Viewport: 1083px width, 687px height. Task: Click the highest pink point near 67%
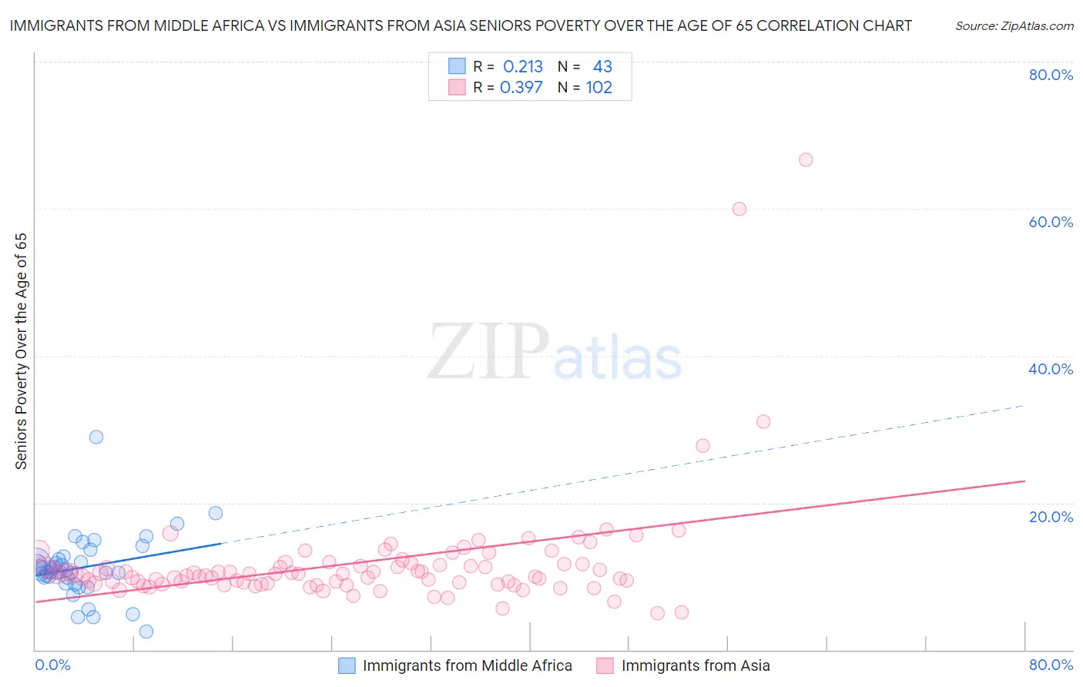806,160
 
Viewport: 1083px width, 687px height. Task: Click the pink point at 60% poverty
739,209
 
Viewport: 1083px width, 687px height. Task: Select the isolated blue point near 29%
96,437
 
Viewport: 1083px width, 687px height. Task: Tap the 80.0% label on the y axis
1051,75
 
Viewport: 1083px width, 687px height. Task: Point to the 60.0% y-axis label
1051,222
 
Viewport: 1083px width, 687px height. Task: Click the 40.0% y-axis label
1051,369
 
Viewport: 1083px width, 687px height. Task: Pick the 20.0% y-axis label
1051,517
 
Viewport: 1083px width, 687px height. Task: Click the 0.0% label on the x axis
53,665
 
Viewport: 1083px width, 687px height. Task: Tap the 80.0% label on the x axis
1051,665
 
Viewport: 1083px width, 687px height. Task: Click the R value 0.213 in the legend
523,67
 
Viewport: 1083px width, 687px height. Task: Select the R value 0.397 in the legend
521,88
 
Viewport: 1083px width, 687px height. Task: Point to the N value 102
599,88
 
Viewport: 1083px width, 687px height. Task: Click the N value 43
602,67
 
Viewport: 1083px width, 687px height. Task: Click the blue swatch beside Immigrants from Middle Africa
347,665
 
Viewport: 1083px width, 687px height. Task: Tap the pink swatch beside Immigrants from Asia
605,665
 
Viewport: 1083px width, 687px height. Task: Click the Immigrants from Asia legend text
696,665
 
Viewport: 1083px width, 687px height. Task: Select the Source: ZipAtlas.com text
1014,25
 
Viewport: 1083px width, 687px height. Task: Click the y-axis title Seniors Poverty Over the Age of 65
21,351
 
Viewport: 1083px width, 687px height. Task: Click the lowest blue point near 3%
146,632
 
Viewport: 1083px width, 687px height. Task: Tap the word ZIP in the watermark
488,352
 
